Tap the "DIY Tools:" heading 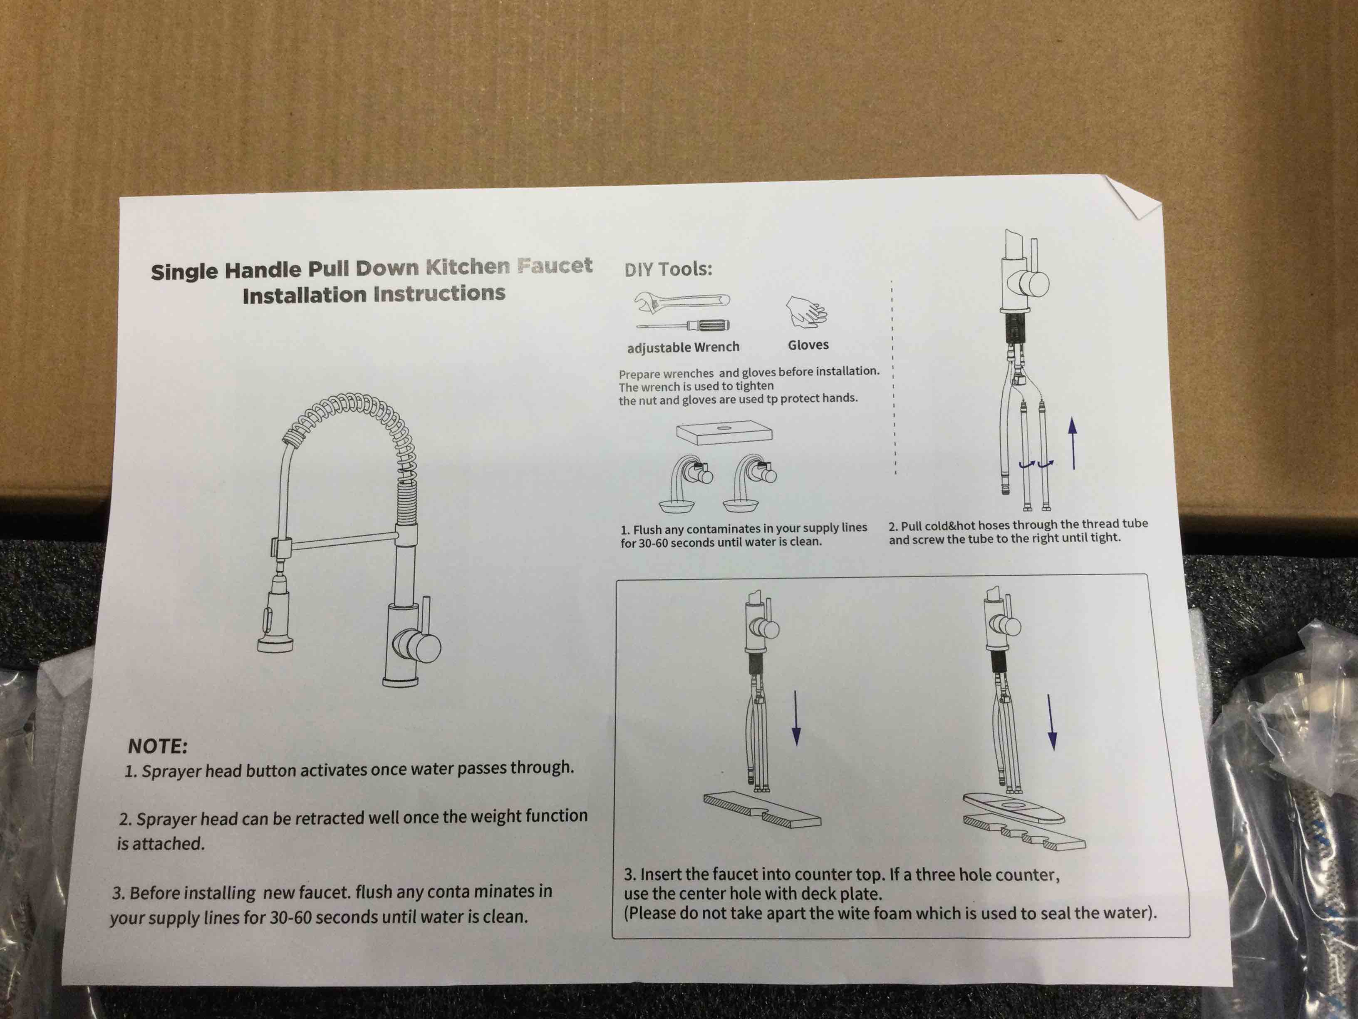668,269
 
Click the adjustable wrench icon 681,301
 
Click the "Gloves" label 808,345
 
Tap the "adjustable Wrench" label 683,348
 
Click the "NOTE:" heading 157,746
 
